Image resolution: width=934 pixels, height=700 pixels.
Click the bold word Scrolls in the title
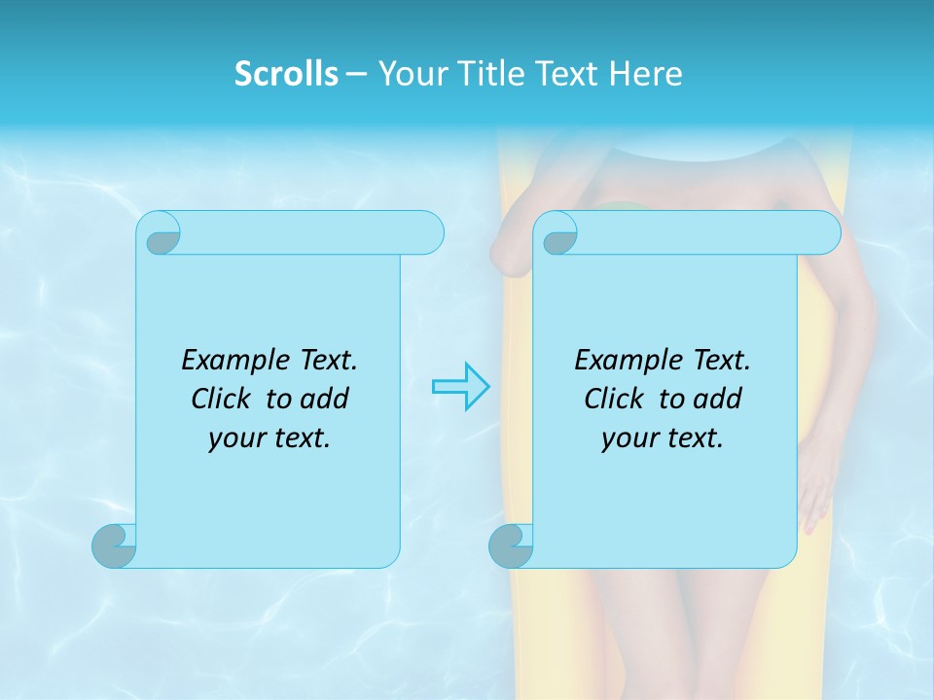pyautogui.click(x=286, y=74)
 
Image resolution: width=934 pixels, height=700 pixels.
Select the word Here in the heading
pyautogui.click(x=646, y=74)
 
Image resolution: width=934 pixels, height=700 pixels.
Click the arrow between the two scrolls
pyautogui.click(x=461, y=387)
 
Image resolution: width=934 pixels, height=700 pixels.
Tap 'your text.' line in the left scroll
pyautogui.click(x=269, y=437)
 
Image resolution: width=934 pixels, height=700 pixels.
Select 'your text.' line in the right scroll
pyautogui.click(x=663, y=437)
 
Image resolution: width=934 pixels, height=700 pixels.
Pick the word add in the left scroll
pyautogui.click(x=326, y=399)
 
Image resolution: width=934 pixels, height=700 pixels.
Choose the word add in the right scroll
pyautogui.click(x=719, y=399)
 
